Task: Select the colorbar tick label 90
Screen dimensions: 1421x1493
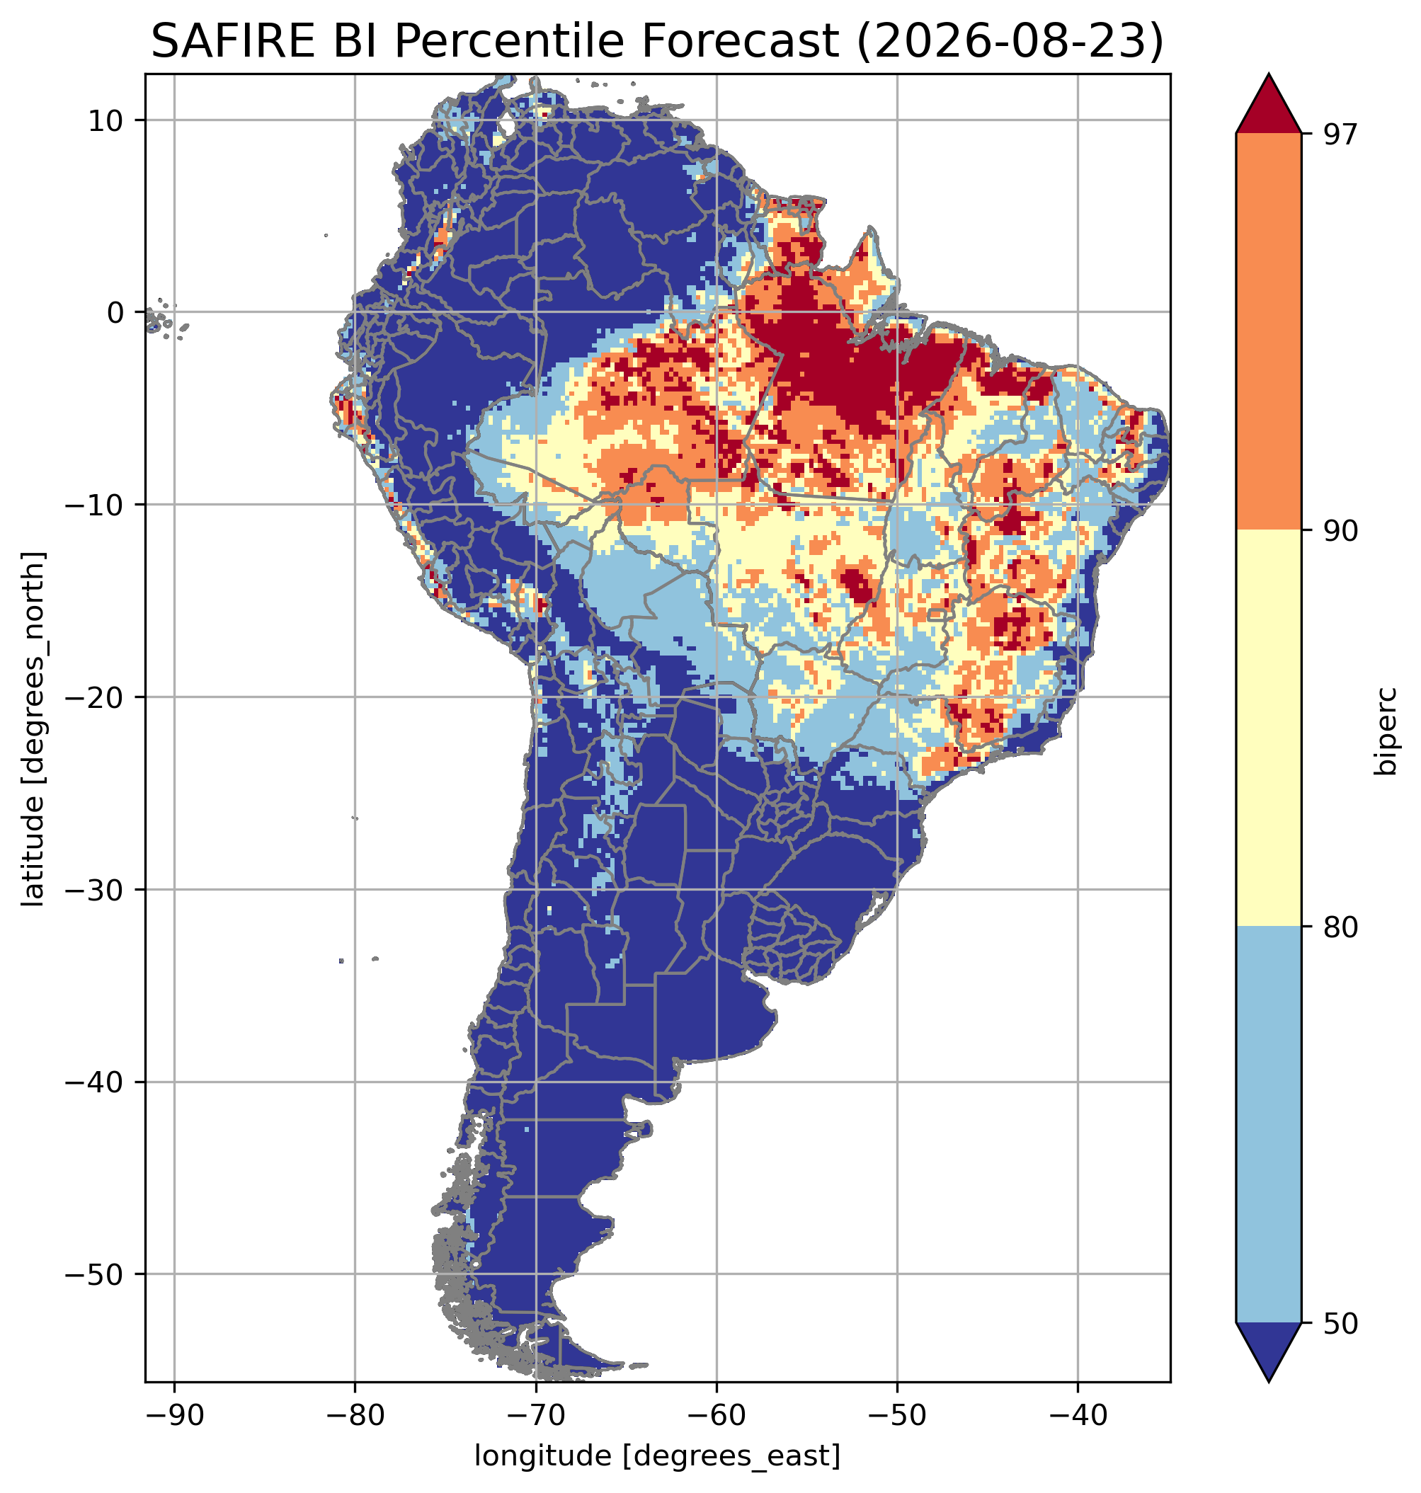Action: (1340, 530)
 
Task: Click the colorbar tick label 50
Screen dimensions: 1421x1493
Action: (1340, 1323)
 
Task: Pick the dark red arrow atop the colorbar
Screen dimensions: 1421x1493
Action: (1268, 104)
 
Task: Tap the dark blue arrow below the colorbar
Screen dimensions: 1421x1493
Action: (1268, 1352)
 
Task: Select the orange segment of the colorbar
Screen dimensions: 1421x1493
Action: (1268, 332)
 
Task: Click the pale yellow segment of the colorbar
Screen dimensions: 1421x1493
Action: (1268, 728)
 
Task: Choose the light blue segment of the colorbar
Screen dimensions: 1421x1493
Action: (1268, 1125)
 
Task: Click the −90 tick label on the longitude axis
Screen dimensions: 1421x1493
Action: (174, 1415)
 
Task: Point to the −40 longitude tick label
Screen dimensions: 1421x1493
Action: (1078, 1415)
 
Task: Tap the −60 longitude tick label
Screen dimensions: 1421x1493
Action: (717, 1415)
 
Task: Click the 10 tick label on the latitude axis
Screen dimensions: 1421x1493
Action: (106, 120)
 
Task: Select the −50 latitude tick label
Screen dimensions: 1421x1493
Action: (95, 1275)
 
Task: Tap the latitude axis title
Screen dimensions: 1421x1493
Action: (33, 728)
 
